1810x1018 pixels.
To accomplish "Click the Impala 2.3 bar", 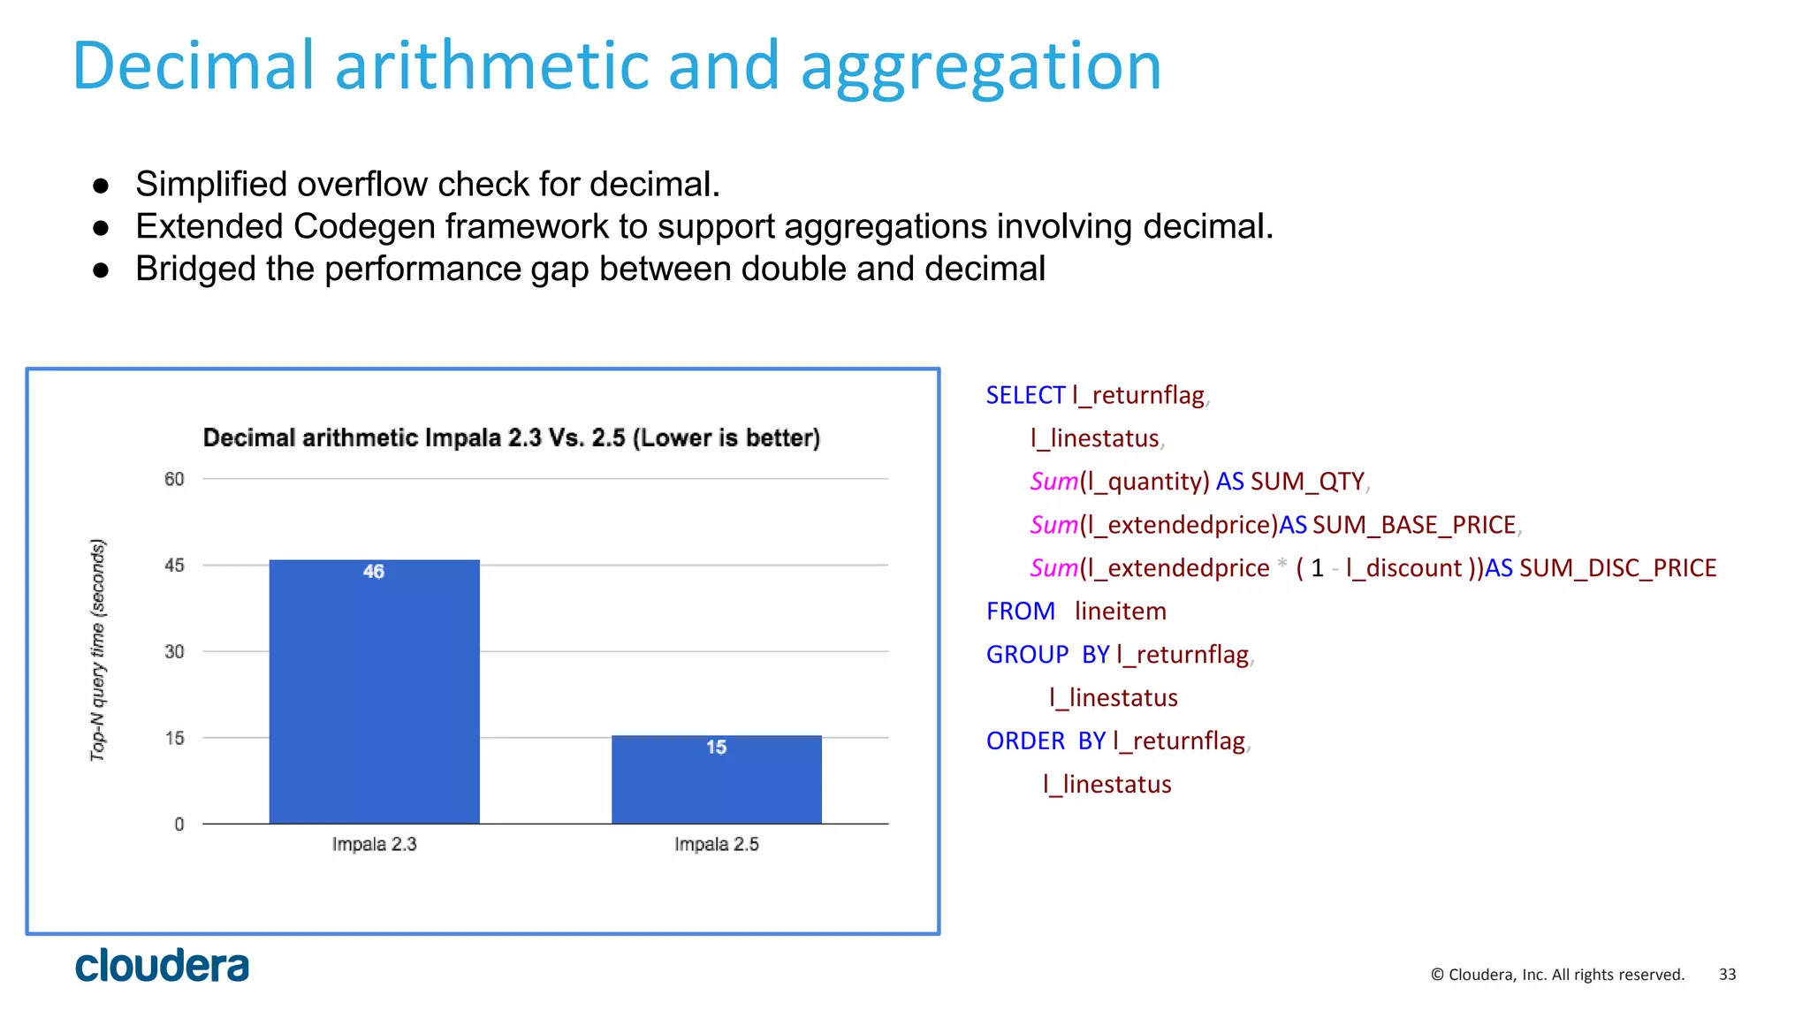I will [374, 698].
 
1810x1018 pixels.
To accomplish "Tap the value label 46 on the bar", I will [374, 572].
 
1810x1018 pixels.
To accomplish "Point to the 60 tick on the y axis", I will [174, 479].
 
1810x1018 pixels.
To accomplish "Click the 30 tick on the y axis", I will [174, 651].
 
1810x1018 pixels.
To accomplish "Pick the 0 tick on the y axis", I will [179, 824].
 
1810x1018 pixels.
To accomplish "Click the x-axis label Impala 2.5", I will [716, 844].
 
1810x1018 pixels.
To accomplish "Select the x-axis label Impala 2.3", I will [374, 844].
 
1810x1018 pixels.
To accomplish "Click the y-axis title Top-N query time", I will [98, 650].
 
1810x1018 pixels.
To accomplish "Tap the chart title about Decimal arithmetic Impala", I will [511, 437].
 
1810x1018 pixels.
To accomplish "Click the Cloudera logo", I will [162, 966].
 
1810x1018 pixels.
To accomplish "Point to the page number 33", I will [1727, 974].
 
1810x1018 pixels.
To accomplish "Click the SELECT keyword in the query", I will [1025, 395].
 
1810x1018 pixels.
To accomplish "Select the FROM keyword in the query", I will [1020, 611].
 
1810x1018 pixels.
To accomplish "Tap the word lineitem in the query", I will [1120, 611].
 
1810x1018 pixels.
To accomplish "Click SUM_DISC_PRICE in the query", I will [1617, 567].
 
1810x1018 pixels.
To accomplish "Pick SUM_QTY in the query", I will [1307, 482].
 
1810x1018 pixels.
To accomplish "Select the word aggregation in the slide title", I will [980, 66].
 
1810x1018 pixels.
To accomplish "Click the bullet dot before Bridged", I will [101, 270].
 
